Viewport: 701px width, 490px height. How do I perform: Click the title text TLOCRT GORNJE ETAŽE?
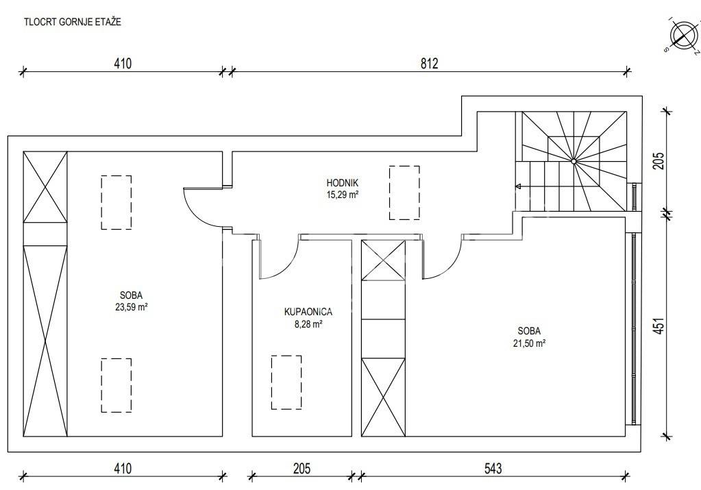pyautogui.click(x=73, y=22)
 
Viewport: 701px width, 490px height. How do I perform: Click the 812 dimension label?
pyautogui.click(x=429, y=64)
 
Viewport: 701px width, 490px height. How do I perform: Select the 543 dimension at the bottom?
pyautogui.click(x=493, y=468)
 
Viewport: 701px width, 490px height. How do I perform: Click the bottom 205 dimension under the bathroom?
pyautogui.click(x=302, y=468)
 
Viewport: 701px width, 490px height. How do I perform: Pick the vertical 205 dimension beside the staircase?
pyautogui.click(x=659, y=161)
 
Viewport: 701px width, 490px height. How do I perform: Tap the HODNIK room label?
pyautogui.click(x=343, y=183)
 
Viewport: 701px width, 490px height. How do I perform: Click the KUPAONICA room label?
pyautogui.click(x=308, y=312)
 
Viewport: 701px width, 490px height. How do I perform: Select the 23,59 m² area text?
pyautogui.click(x=132, y=307)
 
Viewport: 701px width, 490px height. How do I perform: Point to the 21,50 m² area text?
pyautogui.click(x=529, y=343)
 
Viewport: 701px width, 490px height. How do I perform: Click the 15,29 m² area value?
pyautogui.click(x=343, y=195)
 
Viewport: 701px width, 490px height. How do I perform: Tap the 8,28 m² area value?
pyautogui.click(x=308, y=324)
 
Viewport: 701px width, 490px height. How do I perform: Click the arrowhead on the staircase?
pyautogui.click(x=519, y=186)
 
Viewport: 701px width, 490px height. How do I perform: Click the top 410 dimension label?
pyautogui.click(x=123, y=64)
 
